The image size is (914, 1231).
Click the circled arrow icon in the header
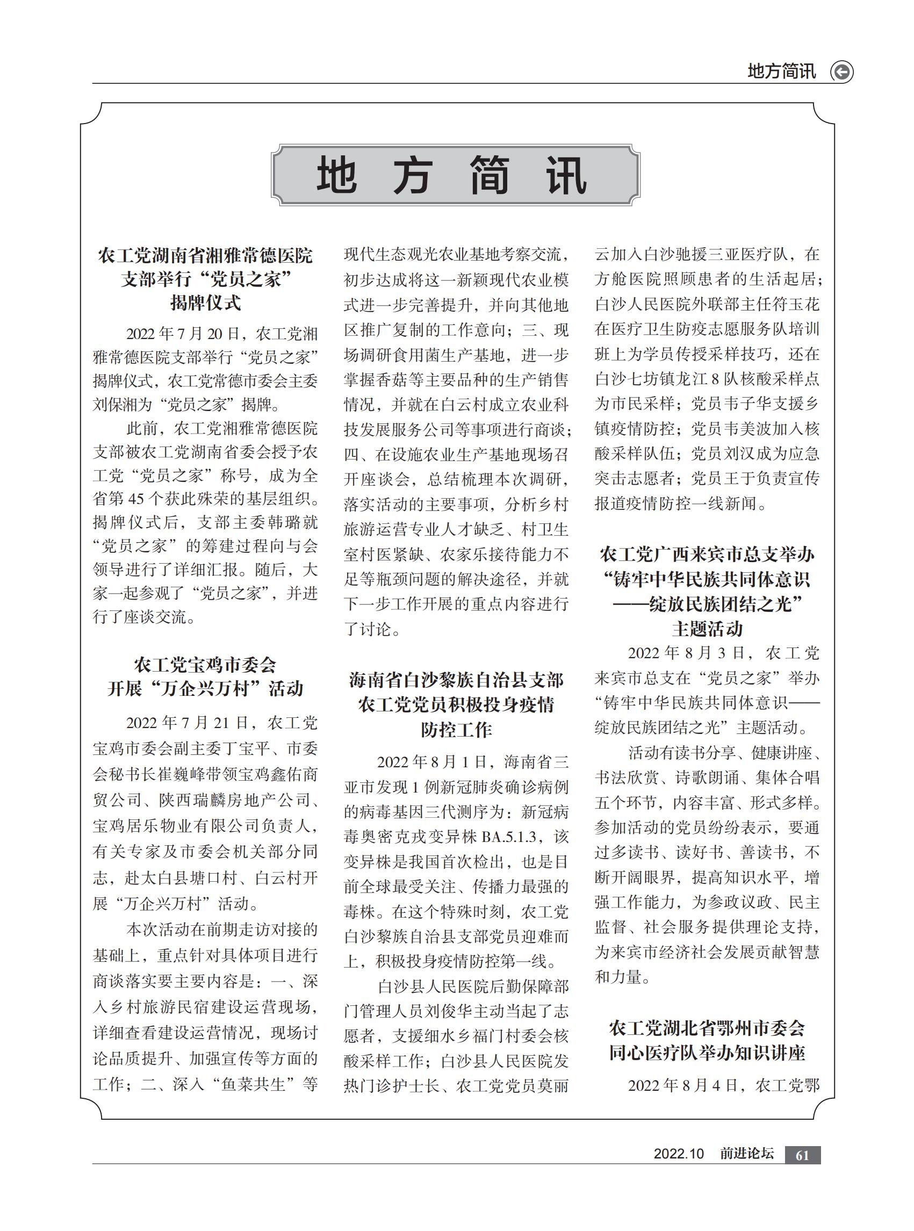click(841, 72)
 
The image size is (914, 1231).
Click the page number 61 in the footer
click(802, 1155)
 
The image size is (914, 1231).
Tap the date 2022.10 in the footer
click(678, 1154)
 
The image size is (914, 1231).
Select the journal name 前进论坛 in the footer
click(746, 1154)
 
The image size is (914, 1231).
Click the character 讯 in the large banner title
click(566, 176)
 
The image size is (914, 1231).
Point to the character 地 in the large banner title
click(336, 176)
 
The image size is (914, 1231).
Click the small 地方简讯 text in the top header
click(781, 71)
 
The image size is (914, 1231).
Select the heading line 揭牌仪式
click(205, 303)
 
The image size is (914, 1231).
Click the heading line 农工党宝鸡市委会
click(205, 665)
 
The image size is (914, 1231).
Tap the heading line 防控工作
click(456, 730)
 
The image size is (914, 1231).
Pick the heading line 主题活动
click(707, 629)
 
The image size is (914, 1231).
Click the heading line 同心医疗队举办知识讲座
click(707, 1052)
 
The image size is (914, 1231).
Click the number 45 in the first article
click(136, 499)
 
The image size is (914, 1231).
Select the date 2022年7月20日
click(183, 334)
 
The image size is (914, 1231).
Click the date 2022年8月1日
click(431, 762)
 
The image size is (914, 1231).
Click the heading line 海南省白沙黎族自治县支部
click(456, 680)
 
